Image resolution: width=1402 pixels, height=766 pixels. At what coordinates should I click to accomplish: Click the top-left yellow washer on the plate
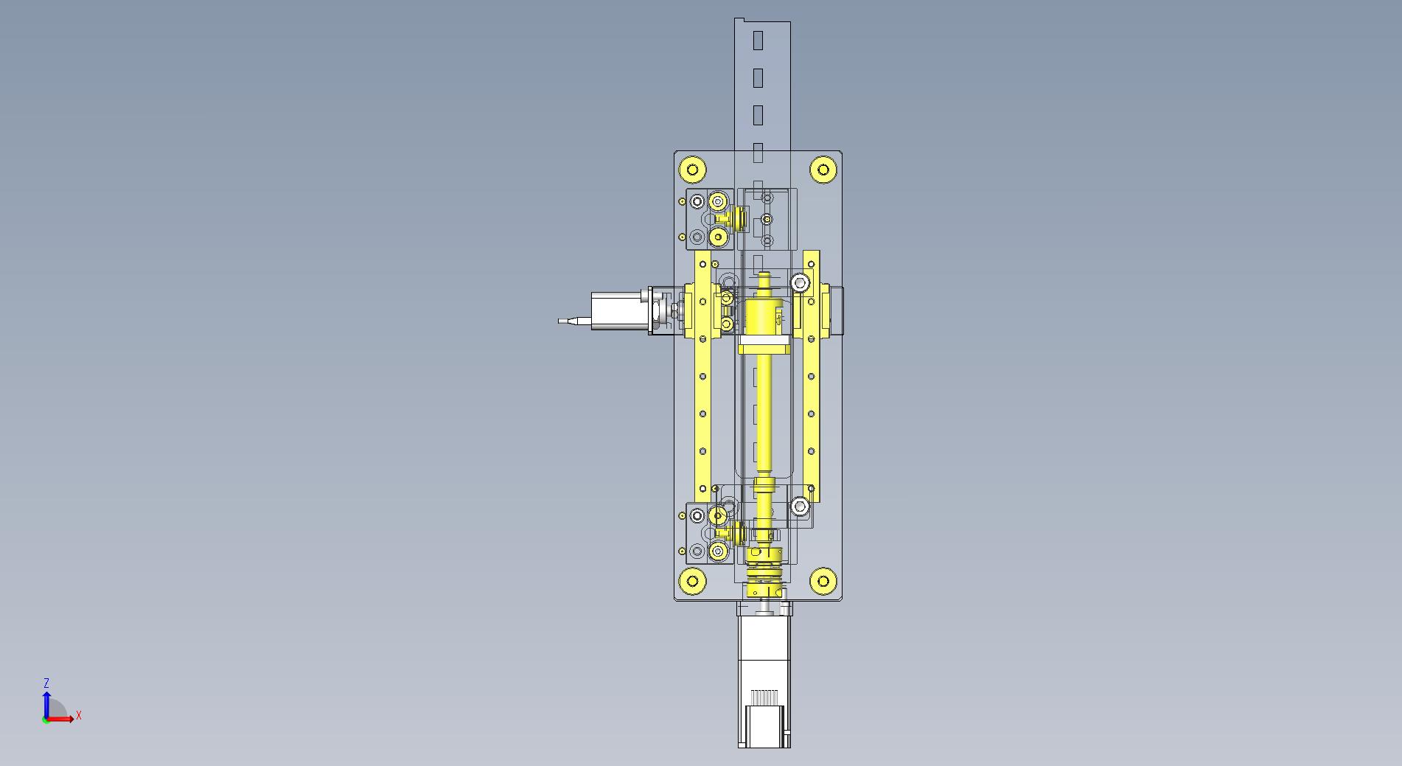click(692, 170)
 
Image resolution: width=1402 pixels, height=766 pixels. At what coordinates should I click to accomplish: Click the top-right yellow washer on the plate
click(823, 170)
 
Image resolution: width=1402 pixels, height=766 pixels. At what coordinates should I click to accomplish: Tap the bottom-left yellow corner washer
click(692, 581)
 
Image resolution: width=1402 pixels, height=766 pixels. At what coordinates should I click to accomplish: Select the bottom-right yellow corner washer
click(823, 581)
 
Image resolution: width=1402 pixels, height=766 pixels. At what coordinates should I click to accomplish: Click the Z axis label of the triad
click(46, 683)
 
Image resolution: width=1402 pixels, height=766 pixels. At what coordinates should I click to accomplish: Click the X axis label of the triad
click(78, 716)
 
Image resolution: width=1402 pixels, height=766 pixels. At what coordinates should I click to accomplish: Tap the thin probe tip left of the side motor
click(568, 321)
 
